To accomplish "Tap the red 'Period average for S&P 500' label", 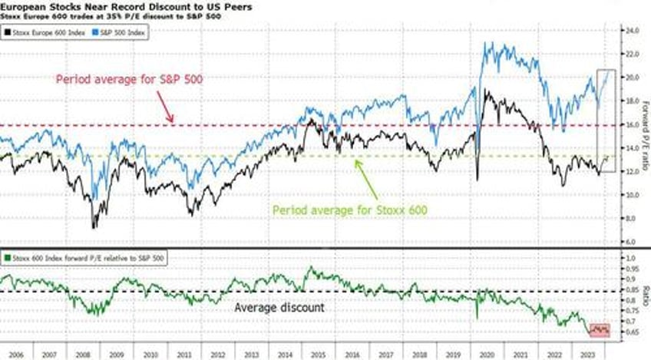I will coord(129,78).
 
